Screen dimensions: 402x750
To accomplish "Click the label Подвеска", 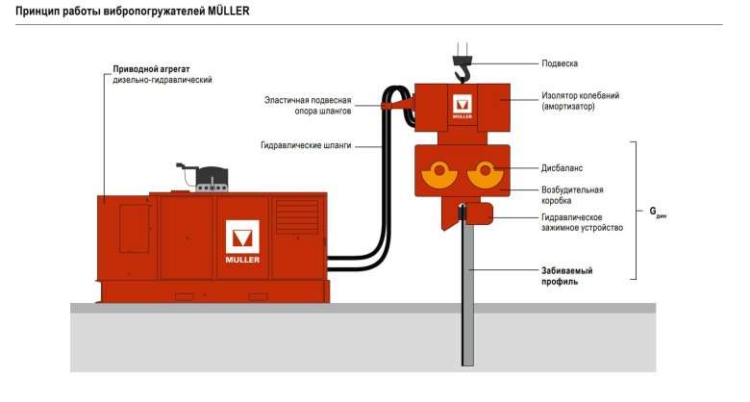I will click(x=560, y=64).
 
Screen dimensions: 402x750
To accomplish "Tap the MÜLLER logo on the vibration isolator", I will click(x=462, y=108).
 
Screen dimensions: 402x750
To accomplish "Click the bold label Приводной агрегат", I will click(x=148, y=70).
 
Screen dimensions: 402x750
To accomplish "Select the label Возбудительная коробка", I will click(x=574, y=195).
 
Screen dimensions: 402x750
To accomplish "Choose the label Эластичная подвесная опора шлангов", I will click(x=309, y=105).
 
